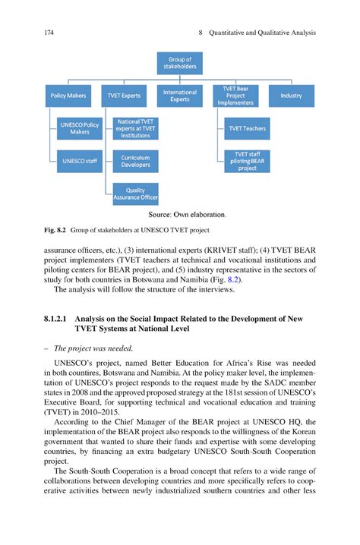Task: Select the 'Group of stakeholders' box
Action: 180,63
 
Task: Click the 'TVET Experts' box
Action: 125,96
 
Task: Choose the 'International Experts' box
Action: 180,96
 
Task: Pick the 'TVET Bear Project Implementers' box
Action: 235,96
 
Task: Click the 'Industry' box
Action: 291,96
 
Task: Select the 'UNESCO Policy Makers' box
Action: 79,128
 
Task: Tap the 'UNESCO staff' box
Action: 79,161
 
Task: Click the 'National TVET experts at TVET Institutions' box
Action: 136,128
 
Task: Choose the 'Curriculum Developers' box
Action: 136,160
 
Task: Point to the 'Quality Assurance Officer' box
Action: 136,194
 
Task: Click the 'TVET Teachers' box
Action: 247,128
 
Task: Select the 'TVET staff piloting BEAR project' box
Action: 247,161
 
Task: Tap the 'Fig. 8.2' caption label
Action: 55,230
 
